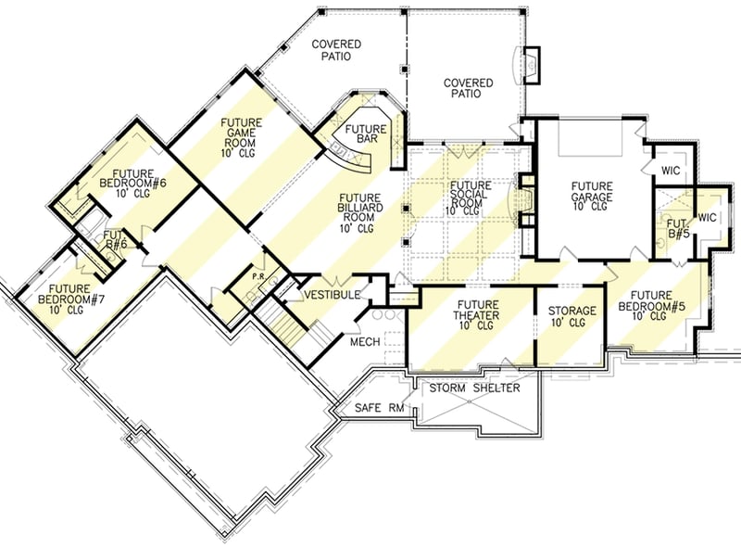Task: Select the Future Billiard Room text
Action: click(x=357, y=212)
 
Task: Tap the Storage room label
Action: click(x=571, y=316)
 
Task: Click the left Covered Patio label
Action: click(x=335, y=50)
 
